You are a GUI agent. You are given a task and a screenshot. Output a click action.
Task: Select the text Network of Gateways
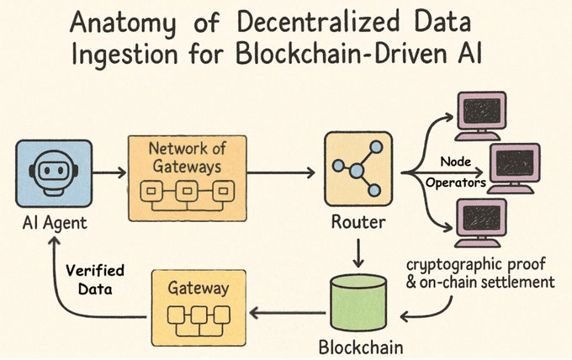[185, 157]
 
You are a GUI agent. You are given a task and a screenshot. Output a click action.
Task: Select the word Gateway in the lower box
[199, 288]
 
